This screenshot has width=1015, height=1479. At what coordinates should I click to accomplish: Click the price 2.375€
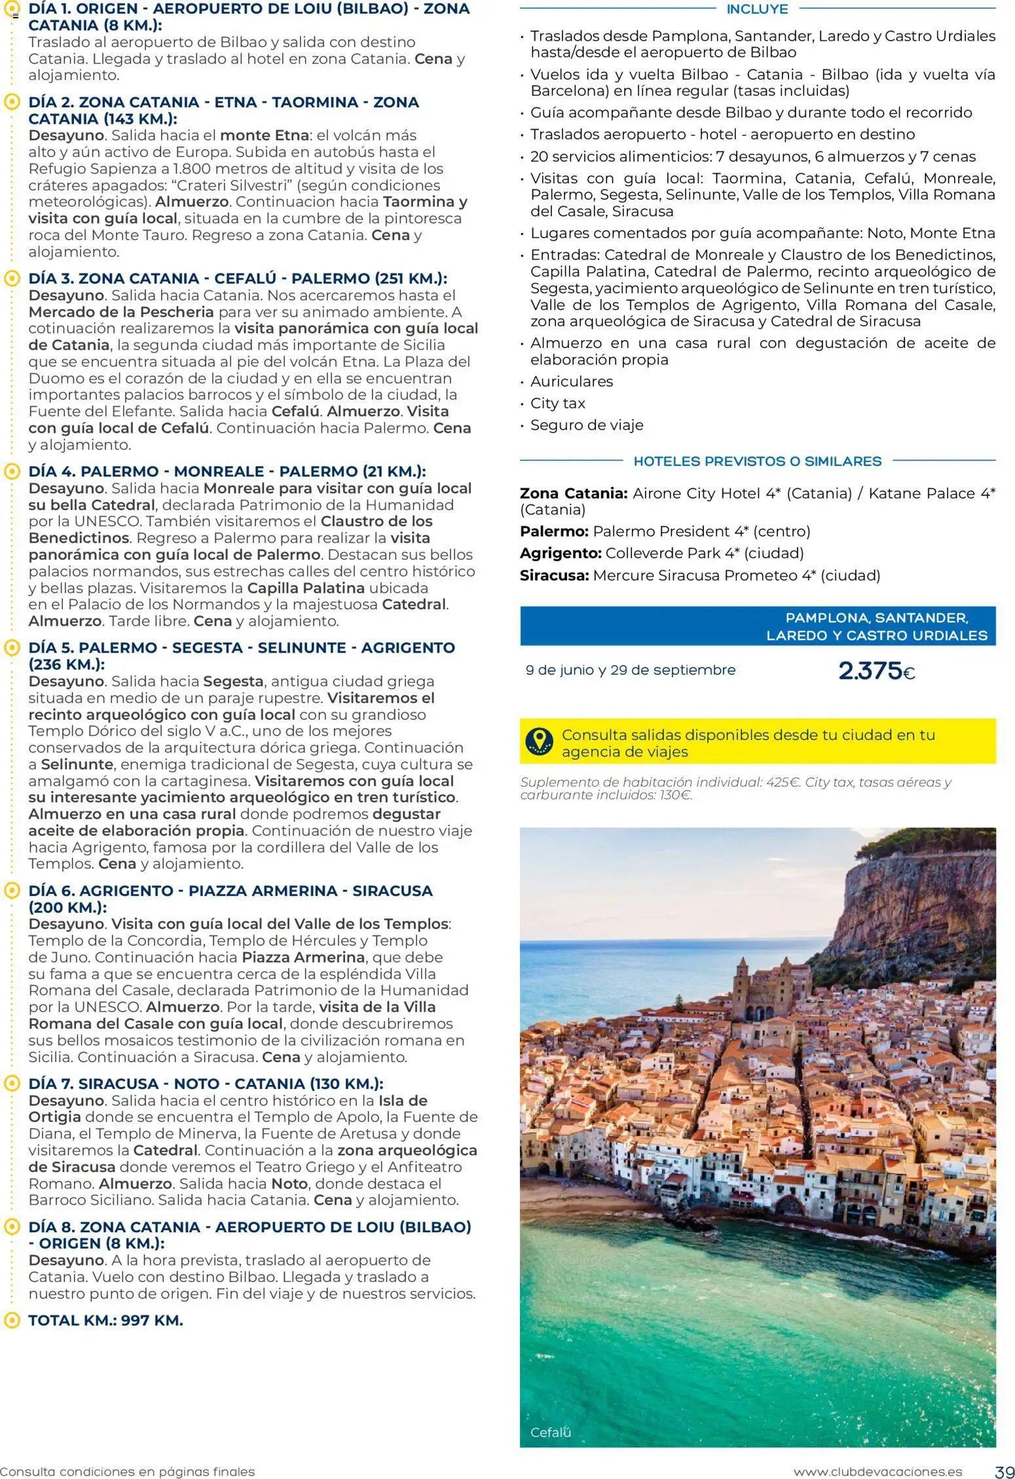(876, 671)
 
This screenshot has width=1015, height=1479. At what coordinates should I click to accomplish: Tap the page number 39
(1004, 1472)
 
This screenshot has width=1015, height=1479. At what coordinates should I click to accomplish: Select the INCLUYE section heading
(757, 9)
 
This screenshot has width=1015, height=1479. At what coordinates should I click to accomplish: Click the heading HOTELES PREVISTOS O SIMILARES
(757, 461)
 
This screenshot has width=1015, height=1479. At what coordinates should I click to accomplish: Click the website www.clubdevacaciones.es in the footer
(877, 1472)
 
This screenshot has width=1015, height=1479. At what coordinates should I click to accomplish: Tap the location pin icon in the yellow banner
(539, 741)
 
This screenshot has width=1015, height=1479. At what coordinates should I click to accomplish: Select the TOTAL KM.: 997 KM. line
(105, 1320)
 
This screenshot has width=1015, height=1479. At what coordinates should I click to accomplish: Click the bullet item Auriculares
(572, 382)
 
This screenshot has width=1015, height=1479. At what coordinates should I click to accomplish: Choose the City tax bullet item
(557, 403)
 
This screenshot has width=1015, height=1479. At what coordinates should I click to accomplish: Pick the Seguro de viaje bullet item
(587, 425)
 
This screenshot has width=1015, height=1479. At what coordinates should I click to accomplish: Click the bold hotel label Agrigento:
(561, 553)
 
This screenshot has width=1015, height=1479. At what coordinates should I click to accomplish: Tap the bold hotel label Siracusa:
(554, 575)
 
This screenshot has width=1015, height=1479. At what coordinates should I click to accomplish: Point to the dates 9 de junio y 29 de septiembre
(630, 670)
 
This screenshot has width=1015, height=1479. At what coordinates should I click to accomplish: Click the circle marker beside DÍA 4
(11, 471)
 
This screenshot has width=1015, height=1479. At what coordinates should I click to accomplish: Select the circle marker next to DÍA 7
(11, 1083)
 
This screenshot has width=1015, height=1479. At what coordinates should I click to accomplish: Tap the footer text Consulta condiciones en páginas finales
(127, 1472)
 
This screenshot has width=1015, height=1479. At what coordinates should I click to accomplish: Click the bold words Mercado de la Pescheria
(121, 312)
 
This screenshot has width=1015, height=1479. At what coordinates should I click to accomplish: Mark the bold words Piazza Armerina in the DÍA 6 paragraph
(303, 957)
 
